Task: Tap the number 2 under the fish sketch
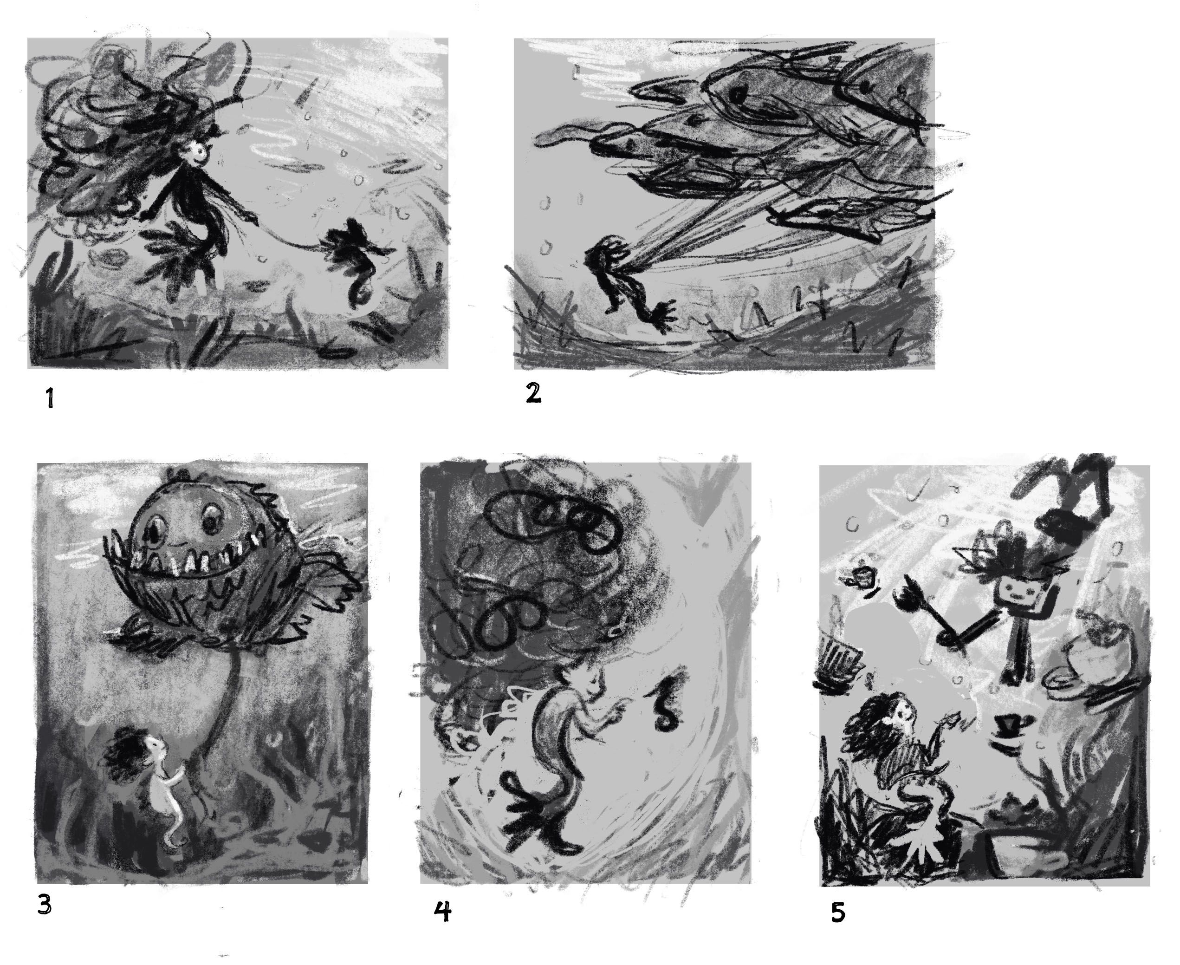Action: [x=533, y=393]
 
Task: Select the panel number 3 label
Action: [x=45, y=906]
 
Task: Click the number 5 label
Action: [x=838, y=912]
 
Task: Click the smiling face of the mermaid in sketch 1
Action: [x=196, y=152]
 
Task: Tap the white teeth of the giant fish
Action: [x=189, y=561]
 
